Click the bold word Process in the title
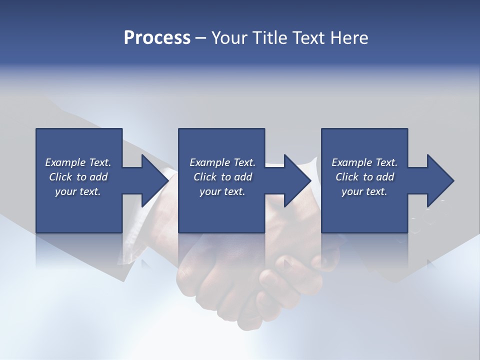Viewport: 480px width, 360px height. tap(157, 38)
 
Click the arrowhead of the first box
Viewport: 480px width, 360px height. tap(155, 180)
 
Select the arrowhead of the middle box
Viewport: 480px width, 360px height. tap(298, 180)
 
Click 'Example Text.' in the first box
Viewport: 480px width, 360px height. tap(78, 162)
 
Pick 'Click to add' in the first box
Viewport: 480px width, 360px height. tap(78, 177)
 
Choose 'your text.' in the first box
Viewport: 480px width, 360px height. tap(78, 191)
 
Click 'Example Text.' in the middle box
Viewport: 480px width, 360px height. tap(222, 162)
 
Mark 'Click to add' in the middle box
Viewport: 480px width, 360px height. tap(222, 177)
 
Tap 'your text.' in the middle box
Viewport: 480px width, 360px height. tap(222, 191)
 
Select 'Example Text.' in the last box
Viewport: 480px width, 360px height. tap(364, 162)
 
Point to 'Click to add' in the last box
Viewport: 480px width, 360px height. tap(364, 177)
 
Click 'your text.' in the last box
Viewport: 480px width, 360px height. tap(364, 191)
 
